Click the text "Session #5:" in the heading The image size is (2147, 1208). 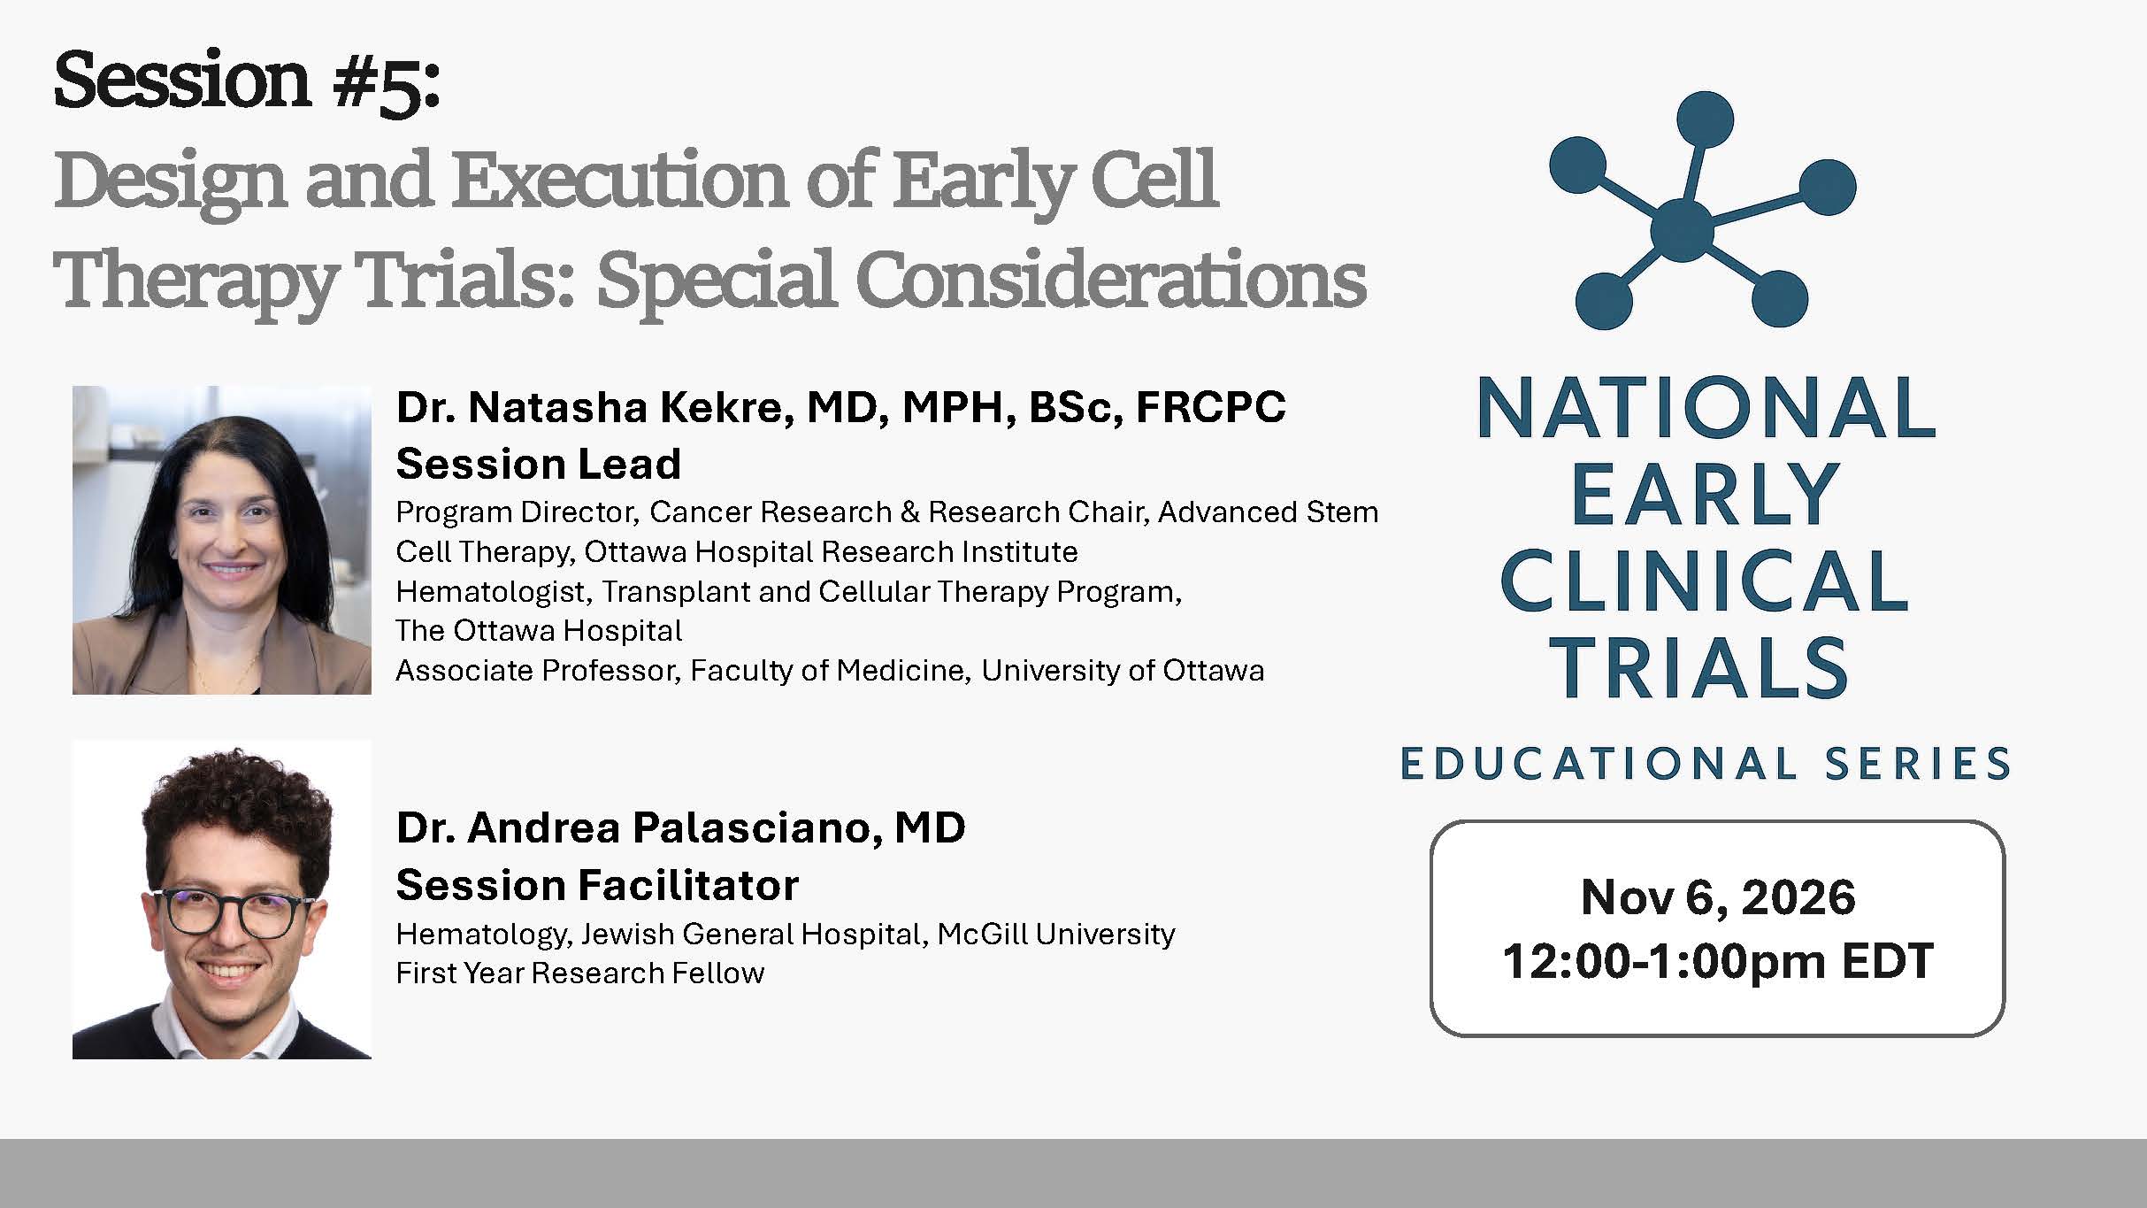coord(247,81)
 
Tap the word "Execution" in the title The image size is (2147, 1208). coord(620,181)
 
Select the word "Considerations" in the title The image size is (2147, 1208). coord(1110,281)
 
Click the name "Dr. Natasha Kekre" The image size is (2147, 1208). coord(589,407)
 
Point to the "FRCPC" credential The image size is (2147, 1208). coord(1210,407)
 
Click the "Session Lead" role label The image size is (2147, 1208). coord(538,464)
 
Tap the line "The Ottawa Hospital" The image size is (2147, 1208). coord(538,631)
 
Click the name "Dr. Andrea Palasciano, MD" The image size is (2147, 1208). coord(680,828)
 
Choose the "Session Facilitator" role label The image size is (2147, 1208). coord(597,885)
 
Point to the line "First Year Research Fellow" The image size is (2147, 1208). coord(579,973)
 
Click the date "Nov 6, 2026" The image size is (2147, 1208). coord(1717,897)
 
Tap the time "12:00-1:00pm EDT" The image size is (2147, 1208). coord(1717,961)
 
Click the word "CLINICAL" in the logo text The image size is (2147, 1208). coord(1704,582)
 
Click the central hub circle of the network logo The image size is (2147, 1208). coord(1682,230)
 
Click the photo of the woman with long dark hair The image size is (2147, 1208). coord(222,540)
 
